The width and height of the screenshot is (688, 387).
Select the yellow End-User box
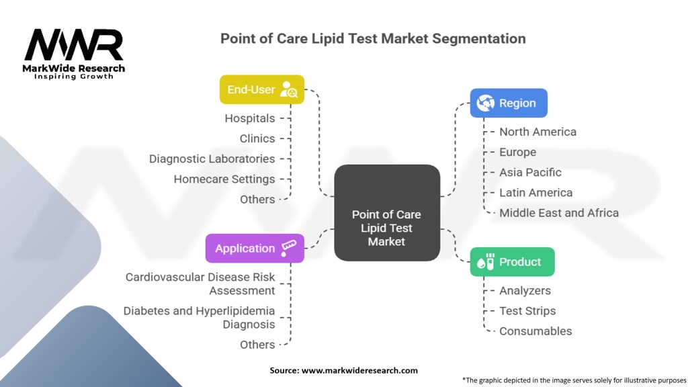(x=262, y=89)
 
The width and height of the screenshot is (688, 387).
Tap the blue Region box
(x=509, y=103)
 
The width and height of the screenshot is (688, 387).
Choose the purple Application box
(x=255, y=248)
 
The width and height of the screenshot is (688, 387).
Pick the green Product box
(x=512, y=262)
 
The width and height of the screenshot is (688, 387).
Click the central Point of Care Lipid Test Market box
(x=386, y=228)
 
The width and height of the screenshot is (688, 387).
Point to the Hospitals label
(x=250, y=118)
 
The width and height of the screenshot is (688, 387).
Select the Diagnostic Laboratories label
(x=212, y=159)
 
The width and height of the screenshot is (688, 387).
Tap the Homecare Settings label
(x=224, y=179)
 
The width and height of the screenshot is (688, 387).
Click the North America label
(x=537, y=132)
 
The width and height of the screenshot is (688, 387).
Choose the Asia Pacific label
(x=530, y=172)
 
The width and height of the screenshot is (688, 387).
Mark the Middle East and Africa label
(x=559, y=212)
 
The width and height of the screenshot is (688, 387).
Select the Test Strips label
(x=527, y=310)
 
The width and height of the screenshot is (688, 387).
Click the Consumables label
(x=535, y=331)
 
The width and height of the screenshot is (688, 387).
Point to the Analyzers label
(x=525, y=290)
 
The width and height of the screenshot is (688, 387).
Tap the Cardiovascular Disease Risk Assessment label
(x=200, y=284)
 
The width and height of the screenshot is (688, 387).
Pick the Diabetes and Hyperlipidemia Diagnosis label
(x=199, y=317)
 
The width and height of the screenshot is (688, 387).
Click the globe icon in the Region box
(x=485, y=103)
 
